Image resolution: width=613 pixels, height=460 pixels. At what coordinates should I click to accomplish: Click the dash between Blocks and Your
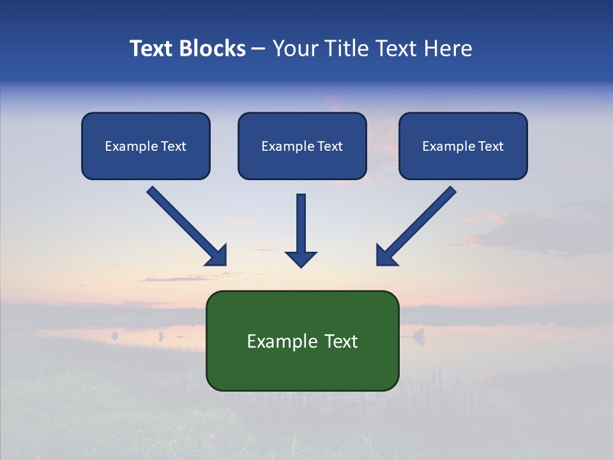259,49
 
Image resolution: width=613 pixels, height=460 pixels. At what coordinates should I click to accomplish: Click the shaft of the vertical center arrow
301,220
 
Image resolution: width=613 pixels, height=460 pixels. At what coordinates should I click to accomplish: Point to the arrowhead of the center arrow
301,259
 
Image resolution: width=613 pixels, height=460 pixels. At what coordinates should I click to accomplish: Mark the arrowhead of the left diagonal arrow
217,256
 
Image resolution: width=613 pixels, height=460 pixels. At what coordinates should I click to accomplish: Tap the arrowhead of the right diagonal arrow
386,256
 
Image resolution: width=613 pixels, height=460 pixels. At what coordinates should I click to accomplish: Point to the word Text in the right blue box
490,146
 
